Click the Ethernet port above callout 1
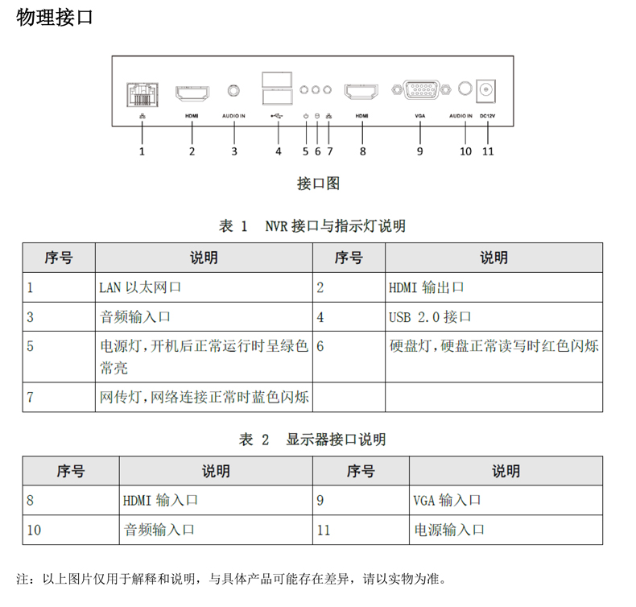(142, 95)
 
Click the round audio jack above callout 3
(234, 92)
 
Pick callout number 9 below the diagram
(419, 151)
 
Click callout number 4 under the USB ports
(278, 151)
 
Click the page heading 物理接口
(55, 18)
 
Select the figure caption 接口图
(318, 184)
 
